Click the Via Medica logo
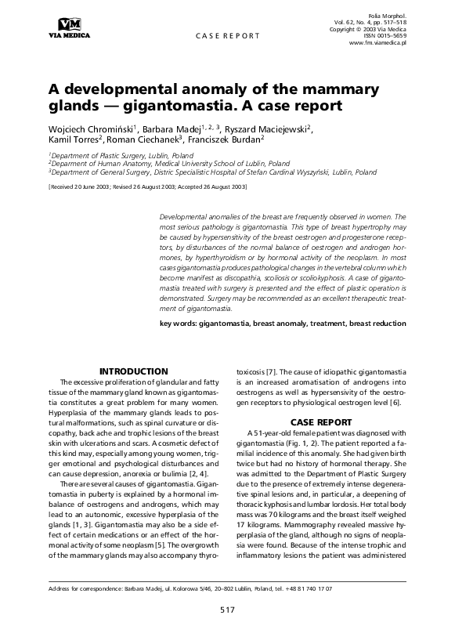click(x=69, y=27)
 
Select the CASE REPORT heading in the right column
click(x=318, y=421)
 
